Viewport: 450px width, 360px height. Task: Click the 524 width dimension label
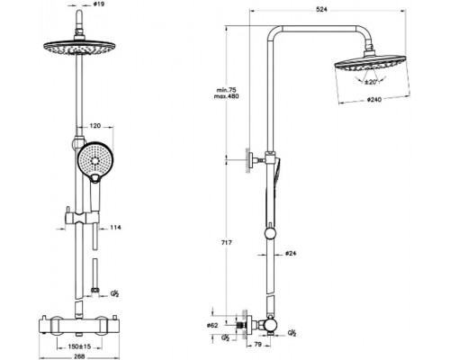tap(321, 10)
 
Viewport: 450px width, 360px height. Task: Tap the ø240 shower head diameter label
tap(374, 100)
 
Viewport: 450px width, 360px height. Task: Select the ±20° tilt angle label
tap(371, 82)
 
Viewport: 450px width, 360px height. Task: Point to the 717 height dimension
tap(227, 243)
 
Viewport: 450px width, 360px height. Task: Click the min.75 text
tap(227, 90)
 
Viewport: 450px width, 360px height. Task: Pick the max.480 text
tap(227, 96)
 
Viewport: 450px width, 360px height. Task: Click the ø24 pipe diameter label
tap(291, 254)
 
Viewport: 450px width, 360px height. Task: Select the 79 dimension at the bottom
tap(257, 345)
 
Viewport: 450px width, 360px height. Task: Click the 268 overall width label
tap(79, 356)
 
